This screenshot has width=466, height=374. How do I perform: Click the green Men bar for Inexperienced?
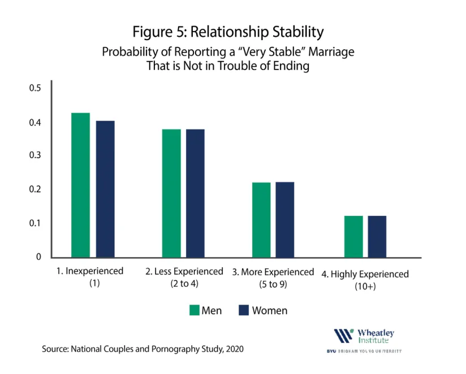80,185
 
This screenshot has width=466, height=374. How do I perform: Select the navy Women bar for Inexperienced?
105,189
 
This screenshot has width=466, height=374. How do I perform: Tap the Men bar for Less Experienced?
171,193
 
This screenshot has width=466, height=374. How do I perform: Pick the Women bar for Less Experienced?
195,193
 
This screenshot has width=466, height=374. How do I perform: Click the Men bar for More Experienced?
261,220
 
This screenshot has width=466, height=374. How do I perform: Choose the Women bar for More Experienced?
285,220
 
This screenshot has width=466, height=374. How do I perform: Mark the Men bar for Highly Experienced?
353,237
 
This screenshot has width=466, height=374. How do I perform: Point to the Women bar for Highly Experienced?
377,237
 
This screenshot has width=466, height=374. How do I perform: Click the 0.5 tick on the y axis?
35,88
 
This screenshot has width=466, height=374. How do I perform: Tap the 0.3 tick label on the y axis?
35,155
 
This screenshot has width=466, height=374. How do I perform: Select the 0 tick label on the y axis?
38,256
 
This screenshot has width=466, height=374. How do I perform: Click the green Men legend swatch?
195,310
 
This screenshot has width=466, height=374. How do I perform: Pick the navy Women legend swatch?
244,310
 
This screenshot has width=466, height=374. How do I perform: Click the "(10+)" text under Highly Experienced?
365,286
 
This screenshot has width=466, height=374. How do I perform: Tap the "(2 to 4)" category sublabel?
184,284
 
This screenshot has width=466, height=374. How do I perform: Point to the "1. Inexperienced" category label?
90,271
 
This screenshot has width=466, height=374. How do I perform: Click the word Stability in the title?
298,32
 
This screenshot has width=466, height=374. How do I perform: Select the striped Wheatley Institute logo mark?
344,336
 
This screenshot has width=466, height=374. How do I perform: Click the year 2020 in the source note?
235,349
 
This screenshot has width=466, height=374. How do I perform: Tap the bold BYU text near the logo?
331,351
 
